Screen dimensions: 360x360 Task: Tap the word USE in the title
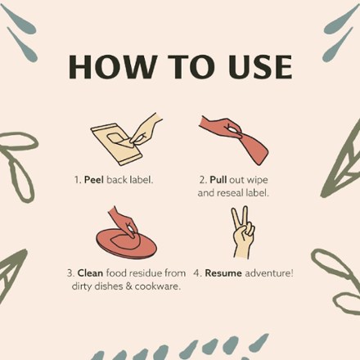[x=261, y=67]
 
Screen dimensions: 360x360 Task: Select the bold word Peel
[x=94, y=180]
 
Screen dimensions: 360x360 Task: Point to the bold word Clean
[x=90, y=273]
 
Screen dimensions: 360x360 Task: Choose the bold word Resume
[x=223, y=273]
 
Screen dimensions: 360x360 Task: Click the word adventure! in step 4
[x=269, y=273]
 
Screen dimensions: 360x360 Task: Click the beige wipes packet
[x=117, y=145]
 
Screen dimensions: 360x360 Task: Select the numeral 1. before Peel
[x=78, y=180]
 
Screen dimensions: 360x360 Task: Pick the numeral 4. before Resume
[x=198, y=273]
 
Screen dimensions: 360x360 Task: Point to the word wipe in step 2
[x=257, y=180]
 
